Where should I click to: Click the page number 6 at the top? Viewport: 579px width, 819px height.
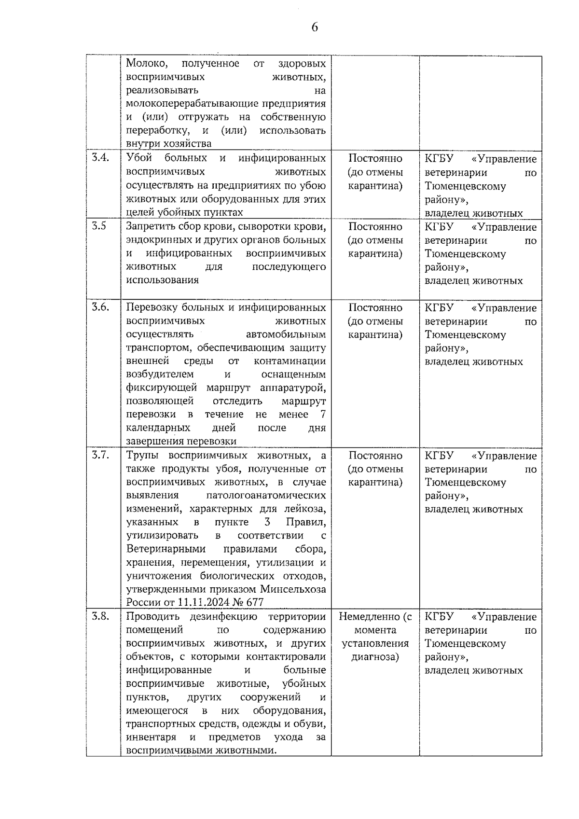[x=315, y=28]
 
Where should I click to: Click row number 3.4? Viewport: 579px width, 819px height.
[x=100, y=158]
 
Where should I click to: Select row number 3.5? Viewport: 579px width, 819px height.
[x=99, y=226]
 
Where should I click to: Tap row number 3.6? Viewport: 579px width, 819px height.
[x=100, y=307]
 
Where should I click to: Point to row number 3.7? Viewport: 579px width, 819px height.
[x=100, y=455]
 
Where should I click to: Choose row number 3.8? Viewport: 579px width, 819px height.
[x=100, y=616]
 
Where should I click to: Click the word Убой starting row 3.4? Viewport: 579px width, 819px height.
[x=139, y=158]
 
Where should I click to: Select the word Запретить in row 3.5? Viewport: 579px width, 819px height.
[x=150, y=226]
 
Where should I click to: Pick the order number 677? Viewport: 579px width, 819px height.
[x=255, y=602]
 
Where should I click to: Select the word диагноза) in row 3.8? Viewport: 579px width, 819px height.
[x=375, y=657]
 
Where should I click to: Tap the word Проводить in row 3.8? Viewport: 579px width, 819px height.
[x=151, y=616]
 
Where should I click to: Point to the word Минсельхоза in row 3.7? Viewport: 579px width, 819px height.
[x=293, y=589]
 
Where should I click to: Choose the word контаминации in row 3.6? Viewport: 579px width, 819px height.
[x=289, y=361]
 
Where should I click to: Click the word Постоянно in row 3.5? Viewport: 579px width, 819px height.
[x=375, y=226]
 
